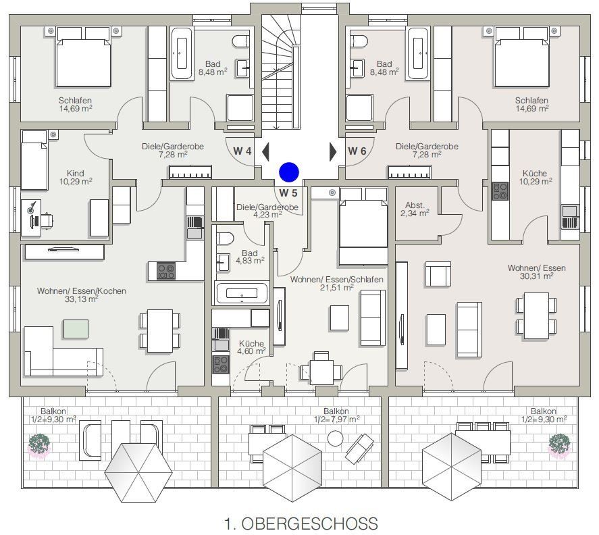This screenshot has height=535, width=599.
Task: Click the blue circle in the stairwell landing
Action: [x=289, y=172]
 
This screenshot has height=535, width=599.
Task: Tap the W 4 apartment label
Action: [x=243, y=151]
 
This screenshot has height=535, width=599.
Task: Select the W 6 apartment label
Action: [x=357, y=151]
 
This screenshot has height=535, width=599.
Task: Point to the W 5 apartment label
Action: [x=289, y=192]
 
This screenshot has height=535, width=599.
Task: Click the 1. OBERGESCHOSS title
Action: [x=300, y=523]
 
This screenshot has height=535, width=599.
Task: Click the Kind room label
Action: [x=76, y=174]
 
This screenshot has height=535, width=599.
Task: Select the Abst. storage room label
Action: [x=415, y=205]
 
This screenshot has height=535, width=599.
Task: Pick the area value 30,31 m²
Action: [x=537, y=276]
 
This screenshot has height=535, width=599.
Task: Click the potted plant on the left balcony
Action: [x=39, y=444]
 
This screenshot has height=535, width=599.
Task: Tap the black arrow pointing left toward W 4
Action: [x=265, y=151]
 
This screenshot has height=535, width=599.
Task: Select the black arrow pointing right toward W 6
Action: [x=332, y=151]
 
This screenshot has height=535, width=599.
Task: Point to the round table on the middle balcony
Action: [x=336, y=438]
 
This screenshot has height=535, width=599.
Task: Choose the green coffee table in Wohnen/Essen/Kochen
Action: [x=76, y=328]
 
